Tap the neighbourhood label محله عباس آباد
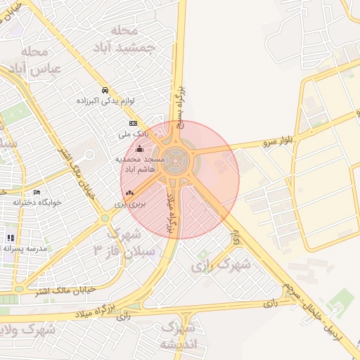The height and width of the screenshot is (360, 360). coord(35,60)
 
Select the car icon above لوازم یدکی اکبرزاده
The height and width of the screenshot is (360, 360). coord(105,91)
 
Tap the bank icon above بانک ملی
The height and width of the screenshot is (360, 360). coord(134,123)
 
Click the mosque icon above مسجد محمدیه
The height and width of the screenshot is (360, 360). coord(139,148)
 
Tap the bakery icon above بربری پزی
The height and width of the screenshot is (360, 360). coord(129,192)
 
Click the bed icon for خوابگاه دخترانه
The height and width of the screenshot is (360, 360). coord(37,192)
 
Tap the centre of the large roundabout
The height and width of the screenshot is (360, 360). coord(179,161)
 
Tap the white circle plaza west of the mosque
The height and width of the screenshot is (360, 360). coord(89,155)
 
